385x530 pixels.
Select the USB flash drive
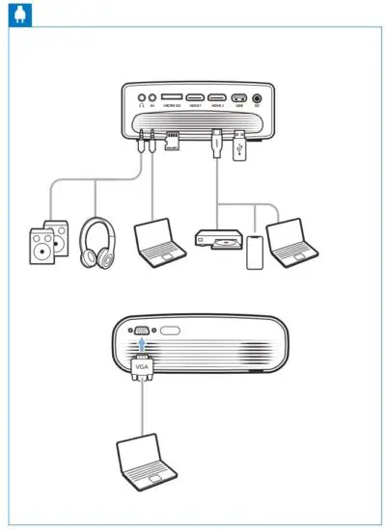240,145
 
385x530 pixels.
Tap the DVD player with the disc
217,240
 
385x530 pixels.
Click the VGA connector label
143,364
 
